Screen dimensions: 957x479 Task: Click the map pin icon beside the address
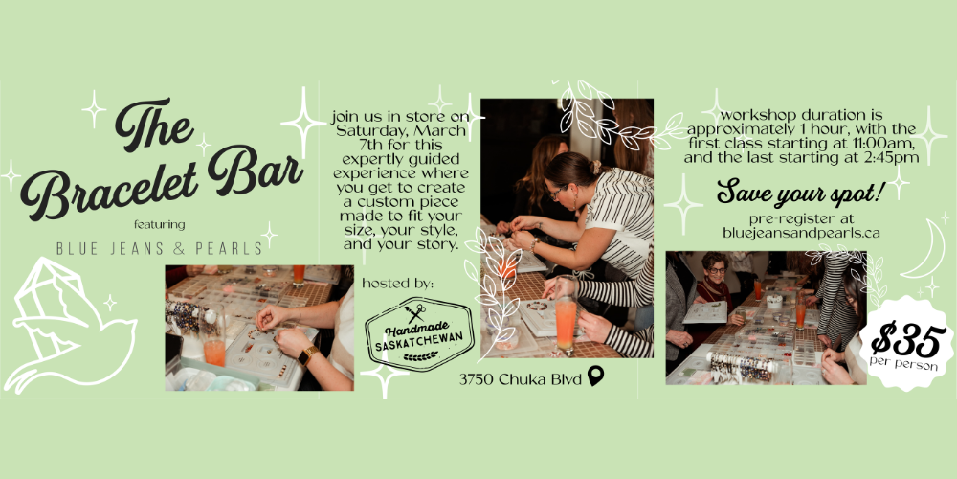click(x=595, y=376)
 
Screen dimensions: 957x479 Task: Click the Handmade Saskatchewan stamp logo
click(x=419, y=333)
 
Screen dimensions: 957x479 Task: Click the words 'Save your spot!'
click(x=801, y=192)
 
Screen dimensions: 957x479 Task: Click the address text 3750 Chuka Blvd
click(x=521, y=379)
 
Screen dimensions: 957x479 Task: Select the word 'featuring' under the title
click(x=159, y=225)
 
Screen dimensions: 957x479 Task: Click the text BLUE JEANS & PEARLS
click(x=159, y=249)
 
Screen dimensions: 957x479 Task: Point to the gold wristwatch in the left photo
click(x=308, y=354)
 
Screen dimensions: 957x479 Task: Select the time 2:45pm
click(x=885, y=158)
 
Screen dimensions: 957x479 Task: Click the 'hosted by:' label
click(x=398, y=284)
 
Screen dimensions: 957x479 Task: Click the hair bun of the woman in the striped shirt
click(x=594, y=166)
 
